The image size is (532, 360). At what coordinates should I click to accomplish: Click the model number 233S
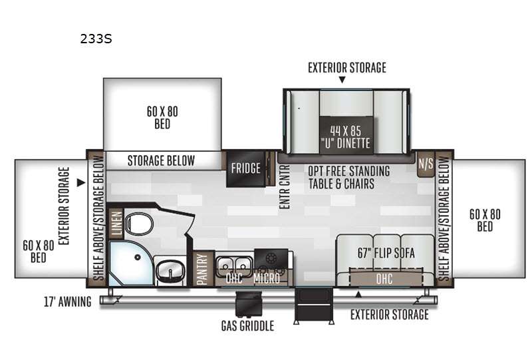point(96,39)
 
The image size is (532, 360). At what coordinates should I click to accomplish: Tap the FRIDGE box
point(245,168)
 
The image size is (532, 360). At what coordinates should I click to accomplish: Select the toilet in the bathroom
point(139,223)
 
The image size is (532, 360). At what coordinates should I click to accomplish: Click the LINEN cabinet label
point(116,223)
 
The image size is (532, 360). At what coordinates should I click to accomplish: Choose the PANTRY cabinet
point(202,270)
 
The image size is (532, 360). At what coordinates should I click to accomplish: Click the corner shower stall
point(130,264)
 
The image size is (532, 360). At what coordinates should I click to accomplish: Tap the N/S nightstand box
point(426,164)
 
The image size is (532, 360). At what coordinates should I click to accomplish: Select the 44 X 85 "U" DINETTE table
point(346,136)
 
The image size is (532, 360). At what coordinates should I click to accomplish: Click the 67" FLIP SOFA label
point(386,253)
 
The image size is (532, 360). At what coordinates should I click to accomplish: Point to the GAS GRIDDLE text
point(247,326)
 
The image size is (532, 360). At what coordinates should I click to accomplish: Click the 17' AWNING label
point(68,301)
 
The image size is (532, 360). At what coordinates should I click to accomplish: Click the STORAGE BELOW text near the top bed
point(161,160)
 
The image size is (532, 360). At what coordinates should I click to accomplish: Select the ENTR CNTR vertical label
point(285,187)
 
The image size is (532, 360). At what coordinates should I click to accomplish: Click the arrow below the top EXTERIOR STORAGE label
point(342,79)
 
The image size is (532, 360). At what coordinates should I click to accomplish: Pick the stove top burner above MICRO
point(271,259)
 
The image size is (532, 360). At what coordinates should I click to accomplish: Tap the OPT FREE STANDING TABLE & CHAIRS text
point(349,177)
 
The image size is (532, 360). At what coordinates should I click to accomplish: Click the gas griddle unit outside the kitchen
point(249,304)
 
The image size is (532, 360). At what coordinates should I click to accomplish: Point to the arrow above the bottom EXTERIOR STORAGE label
point(358,294)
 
